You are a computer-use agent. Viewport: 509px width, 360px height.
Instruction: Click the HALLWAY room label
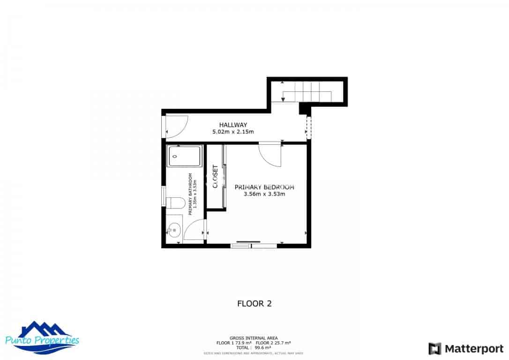click(233, 125)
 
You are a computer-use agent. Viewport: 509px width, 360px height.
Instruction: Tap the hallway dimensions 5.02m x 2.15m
click(233, 132)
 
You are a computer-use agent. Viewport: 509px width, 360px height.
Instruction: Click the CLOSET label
click(216, 177)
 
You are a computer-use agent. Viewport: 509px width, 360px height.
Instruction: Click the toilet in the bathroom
click(175, 202)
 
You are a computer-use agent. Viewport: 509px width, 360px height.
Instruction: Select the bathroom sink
click(174, 230)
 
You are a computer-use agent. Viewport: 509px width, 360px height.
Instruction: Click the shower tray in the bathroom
click(184, 156)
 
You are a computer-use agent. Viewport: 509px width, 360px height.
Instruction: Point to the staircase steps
click(307, 92)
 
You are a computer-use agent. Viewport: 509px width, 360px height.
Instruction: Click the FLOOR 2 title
click(254, 303)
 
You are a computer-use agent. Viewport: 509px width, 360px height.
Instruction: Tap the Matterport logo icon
click(435, 349)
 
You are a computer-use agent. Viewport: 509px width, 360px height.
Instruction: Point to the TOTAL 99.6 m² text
click(254, 348)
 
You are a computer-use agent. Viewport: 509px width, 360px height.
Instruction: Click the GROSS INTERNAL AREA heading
click(254, 338)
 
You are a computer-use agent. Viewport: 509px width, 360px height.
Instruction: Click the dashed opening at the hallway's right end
click(308, 127)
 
